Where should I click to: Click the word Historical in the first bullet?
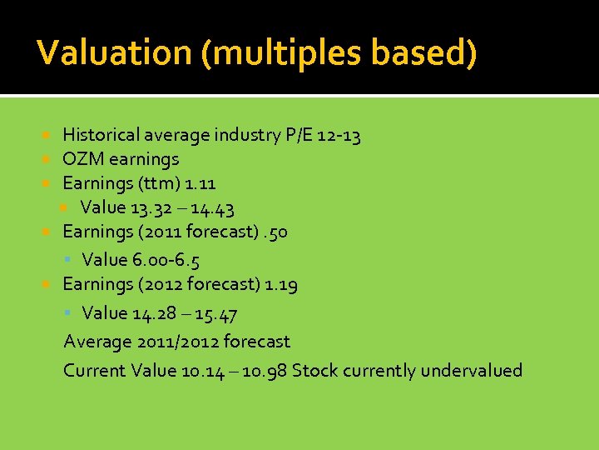[x=101, y=135]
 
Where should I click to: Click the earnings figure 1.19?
[x=280, y=284]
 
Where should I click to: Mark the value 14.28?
[x=153, y=313]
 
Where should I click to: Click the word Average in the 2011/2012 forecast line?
[x=97, y=342]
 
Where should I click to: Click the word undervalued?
[x=471, y=371]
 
